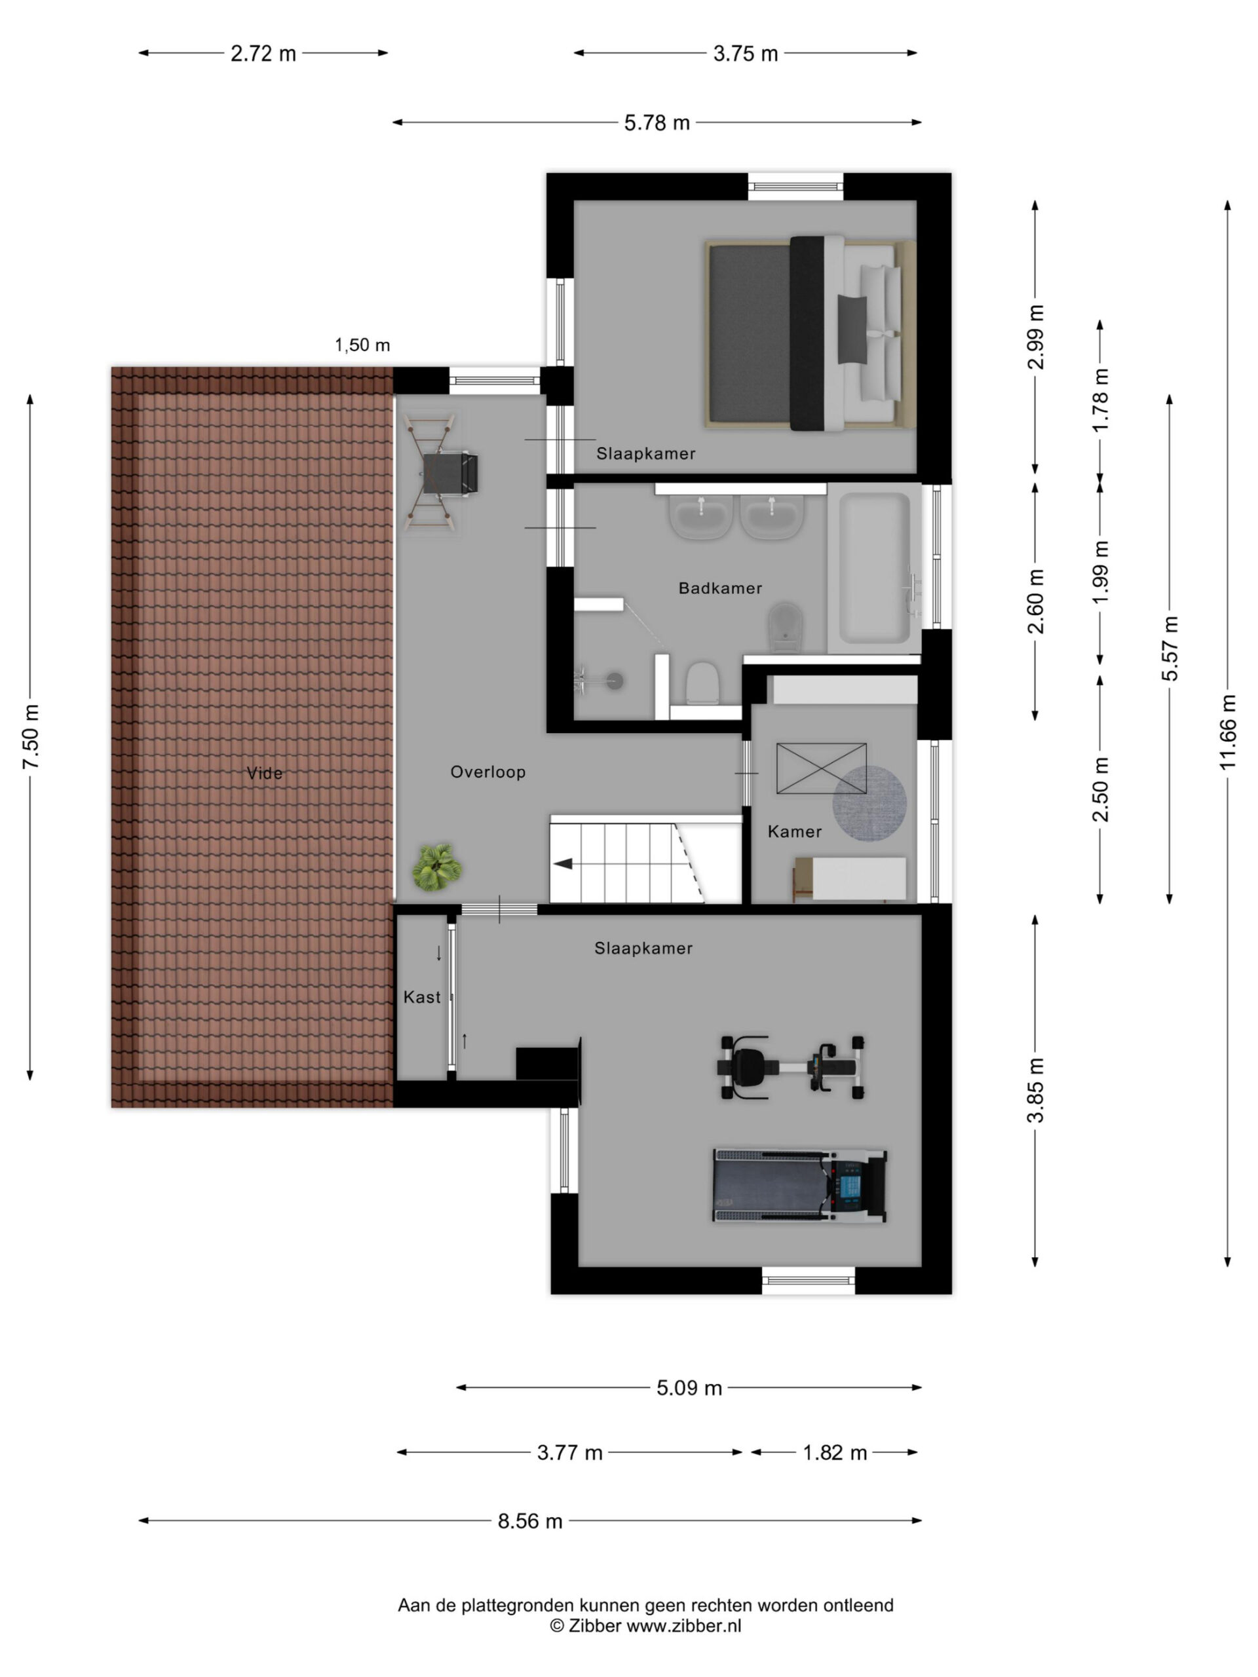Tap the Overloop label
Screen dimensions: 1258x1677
coord(487,772)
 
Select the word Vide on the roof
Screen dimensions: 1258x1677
coord(265,773)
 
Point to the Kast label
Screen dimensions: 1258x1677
coord(421,997)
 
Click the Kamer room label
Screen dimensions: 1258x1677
coord(794,832)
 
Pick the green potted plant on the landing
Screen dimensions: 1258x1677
coord(437,868)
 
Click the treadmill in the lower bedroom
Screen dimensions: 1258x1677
coord(800,1185)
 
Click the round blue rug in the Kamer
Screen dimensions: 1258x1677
coord(869,804)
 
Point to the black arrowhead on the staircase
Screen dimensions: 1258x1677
coord(563,863)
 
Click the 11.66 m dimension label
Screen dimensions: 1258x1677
coord(1228,732)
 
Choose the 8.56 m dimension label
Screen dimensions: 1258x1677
coord(530,1521)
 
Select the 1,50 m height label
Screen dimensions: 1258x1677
coord(362,345)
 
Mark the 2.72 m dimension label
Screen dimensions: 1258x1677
coord(263,54)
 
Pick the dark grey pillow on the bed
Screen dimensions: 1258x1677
coord(852,330)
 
